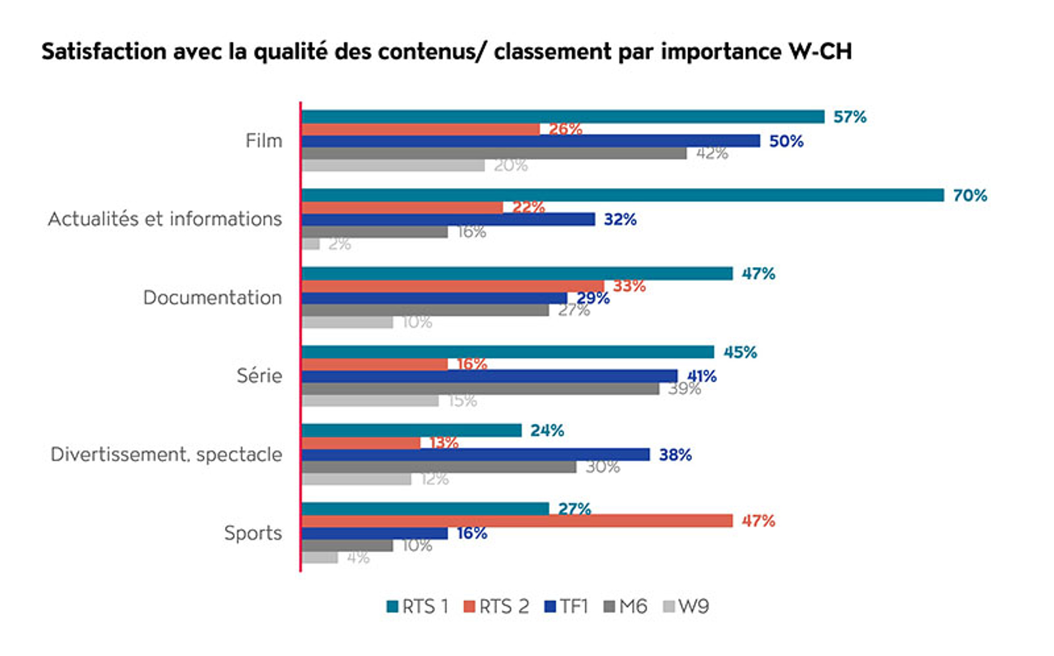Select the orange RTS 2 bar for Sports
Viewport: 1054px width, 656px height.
pyautogui.click(x=516, y=521)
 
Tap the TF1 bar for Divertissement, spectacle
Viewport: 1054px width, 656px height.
pyautogui.click(x=475, y=454)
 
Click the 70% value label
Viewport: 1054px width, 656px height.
pyautogui.click(x=970, y=195)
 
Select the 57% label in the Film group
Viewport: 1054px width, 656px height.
pyautogui.click(x=849, y=117)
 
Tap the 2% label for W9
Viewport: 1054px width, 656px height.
pyautogui.click(x=339, y=244)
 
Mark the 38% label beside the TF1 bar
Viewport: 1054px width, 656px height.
pyautogui.click(x=675, y=455)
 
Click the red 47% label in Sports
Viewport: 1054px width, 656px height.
pyautogui.click(x=758, y=521)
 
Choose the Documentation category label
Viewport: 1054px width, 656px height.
pyautogui.click(x=212, y=297)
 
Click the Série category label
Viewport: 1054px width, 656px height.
pyautogui.click(x=259, y=376)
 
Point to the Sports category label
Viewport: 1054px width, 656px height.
pyautogui.click(x=253, y=533)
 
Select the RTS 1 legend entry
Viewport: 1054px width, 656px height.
pyautogui.click(x=418, y=607)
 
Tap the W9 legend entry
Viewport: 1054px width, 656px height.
pyautogui.click(x=686, y=607)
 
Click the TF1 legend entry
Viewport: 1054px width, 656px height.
pyautogui.click(x=566, y=607)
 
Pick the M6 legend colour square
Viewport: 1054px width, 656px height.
pyautogui.click(x=609, y=607)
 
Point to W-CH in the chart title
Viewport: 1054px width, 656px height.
pyautogui.click(x=820, y=52)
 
